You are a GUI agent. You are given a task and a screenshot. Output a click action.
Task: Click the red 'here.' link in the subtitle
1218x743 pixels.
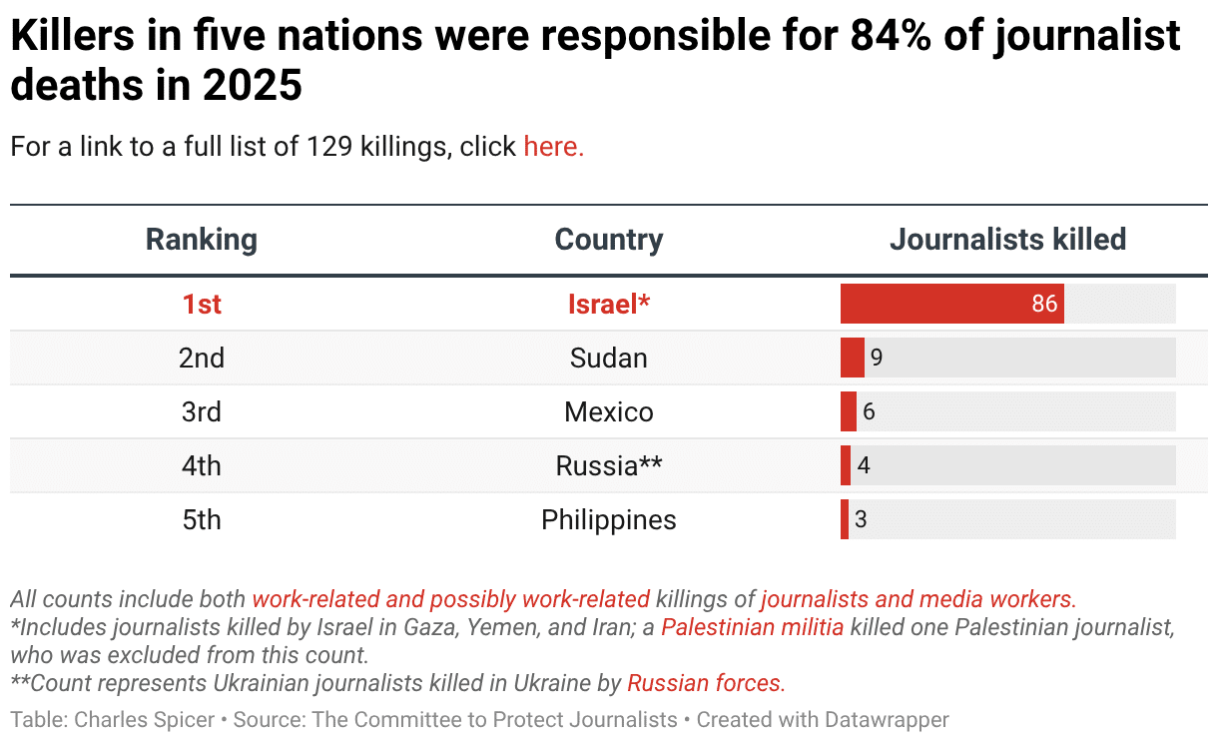click(x=553, y=147)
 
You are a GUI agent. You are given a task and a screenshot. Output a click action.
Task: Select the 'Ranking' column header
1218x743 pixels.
click(x=202, y=240)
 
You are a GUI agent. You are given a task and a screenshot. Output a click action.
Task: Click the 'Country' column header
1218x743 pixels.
click(x=608, y=240)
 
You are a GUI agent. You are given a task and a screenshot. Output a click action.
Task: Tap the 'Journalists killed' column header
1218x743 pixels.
click(x=1007, y=240)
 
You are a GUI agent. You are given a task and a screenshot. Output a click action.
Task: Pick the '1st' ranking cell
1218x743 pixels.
click(x=202, y=305)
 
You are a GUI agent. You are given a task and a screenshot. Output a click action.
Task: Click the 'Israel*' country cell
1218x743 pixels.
click(x=608, y=305)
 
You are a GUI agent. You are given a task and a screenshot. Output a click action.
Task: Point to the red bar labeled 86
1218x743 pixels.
click(x=950, y=304)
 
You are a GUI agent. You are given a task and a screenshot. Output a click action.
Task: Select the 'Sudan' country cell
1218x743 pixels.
click(x=608, y=359)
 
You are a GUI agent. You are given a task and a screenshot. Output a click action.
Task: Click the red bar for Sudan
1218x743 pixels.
click(x=852, y=358)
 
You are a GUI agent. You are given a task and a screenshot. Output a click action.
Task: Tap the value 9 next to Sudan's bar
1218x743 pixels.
click(x=877, y=358)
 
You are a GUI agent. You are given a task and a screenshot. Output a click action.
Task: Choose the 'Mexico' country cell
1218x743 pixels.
click(x=608, y=412)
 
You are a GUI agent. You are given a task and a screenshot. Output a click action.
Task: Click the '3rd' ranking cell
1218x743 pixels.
click(x=202, y=412)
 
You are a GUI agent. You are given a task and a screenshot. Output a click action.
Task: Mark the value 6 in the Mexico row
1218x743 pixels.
click(x=869, y=411)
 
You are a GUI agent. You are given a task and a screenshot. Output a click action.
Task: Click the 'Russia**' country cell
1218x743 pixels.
click(x=608, y=466)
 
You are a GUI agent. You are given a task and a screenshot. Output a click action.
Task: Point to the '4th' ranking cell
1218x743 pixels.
click(x=202, y=466)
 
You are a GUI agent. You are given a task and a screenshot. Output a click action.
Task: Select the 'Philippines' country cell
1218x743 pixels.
click(x=608, y=520)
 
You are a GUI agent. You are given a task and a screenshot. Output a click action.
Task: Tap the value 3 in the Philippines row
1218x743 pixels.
click(x=861, y=519)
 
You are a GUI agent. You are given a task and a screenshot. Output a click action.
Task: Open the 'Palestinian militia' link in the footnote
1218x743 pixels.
click(x=752, y=628)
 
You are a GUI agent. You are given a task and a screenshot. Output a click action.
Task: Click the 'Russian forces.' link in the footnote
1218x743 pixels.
click(x=706, y=683)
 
